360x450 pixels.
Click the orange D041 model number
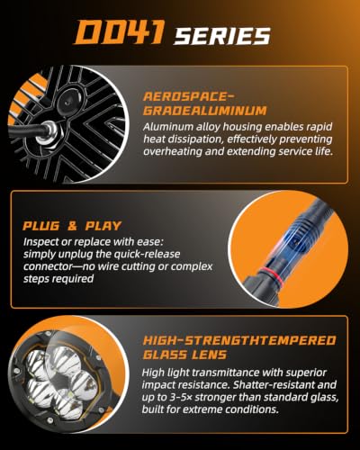click(120, 31)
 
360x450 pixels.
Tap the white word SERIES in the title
click(222, 36)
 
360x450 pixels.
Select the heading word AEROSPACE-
click(188, 96)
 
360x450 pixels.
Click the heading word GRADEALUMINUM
click(205, 111)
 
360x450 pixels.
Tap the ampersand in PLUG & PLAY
click(72, 226)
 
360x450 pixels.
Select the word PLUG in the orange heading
click(41, 226)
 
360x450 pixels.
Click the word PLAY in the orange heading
click(103, 226)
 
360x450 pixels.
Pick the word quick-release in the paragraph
click(148, 254)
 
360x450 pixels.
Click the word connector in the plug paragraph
click(49, 266)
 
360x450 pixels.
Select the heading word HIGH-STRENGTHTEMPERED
click(239, 341)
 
